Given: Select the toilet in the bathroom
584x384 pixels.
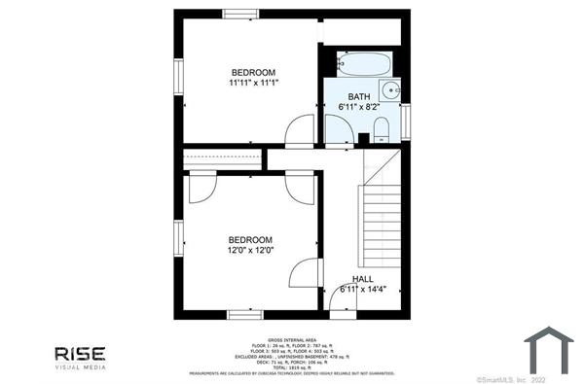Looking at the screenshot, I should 381,128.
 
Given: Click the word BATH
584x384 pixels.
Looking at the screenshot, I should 359,96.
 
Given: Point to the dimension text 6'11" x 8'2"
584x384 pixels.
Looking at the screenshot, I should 359,106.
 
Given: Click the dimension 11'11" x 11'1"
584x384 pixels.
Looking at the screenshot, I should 253,83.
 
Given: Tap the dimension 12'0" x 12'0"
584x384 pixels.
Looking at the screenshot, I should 250,250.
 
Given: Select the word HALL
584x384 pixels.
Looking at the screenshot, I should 362,279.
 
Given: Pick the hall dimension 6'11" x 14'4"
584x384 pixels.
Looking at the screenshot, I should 362,289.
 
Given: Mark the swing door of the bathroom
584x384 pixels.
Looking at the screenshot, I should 339,129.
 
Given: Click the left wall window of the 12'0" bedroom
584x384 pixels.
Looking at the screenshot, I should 178,236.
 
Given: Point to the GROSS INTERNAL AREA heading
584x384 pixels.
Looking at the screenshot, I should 291,340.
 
